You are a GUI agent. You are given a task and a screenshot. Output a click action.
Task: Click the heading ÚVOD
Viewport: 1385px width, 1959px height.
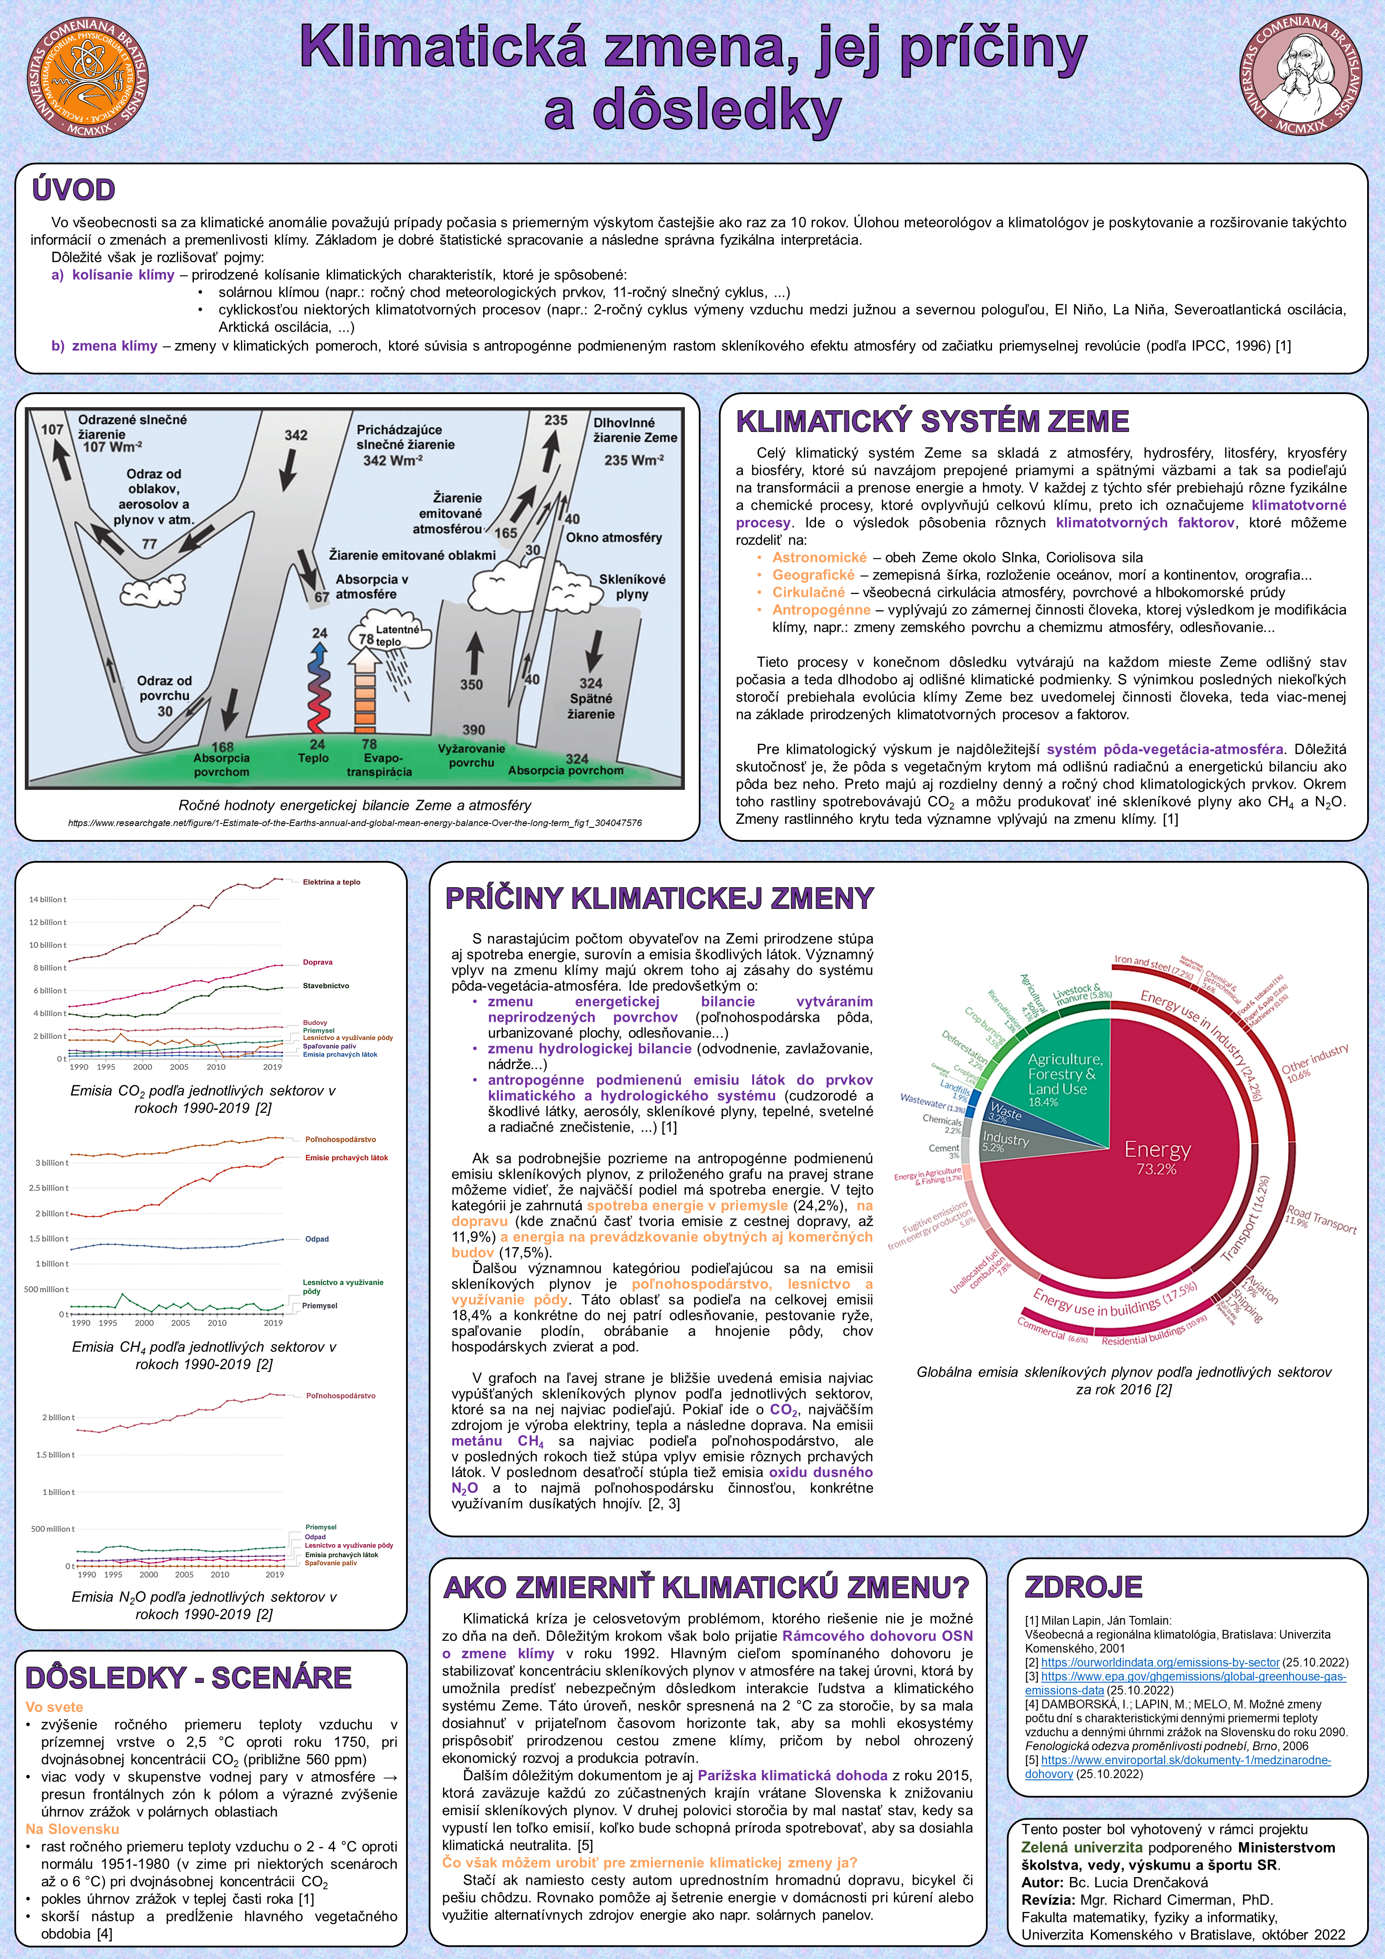73,190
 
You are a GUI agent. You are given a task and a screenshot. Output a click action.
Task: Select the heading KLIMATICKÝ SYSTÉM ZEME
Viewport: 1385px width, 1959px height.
932,422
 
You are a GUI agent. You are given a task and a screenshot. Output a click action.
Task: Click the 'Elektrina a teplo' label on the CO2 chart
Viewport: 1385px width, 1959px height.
331,882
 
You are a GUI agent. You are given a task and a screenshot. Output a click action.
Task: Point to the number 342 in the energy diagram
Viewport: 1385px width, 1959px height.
296,435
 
